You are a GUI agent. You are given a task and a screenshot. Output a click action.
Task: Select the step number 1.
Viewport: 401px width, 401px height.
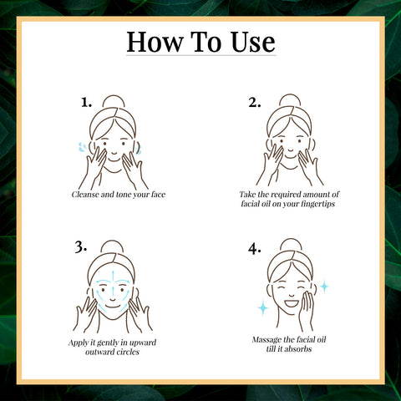86,103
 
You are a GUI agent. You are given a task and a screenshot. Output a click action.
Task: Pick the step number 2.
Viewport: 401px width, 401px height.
255,103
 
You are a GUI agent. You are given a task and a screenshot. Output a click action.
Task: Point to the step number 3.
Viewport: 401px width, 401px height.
81,246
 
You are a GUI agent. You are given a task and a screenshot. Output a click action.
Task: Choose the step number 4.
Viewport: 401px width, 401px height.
255,246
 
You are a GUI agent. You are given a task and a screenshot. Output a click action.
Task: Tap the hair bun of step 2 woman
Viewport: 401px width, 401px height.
288,101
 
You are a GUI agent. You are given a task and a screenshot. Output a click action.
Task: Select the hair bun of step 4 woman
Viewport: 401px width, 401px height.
287,246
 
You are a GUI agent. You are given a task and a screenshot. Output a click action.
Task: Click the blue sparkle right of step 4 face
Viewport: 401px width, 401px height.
323,287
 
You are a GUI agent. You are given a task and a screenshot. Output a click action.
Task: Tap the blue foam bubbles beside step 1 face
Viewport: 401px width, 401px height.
81,149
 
